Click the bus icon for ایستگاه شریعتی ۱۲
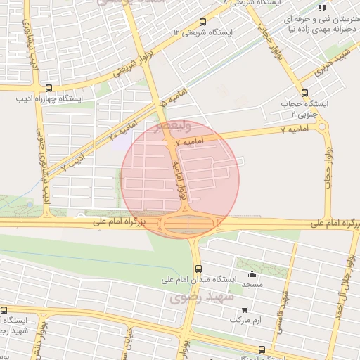tap(202, 22)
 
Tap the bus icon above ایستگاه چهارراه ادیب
tap(49, 89)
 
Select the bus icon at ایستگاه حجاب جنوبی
tap(304, 92)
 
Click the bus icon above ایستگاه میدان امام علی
tap(198, 268)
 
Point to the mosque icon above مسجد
tap(252, 274)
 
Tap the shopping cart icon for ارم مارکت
tap(244, 309)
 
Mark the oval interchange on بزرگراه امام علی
tap(188, 224)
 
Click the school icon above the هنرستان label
tap(322, 8)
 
